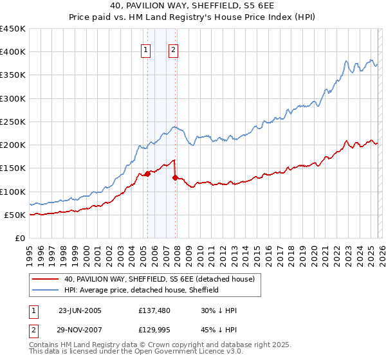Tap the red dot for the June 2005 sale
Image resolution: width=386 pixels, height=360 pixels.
pyautogui.click(x=147, y=174)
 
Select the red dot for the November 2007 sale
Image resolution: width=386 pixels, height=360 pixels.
pyautogui.click(x=175, y=177)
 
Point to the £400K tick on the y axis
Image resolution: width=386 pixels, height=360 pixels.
pyautogui.click(x=13, y=52)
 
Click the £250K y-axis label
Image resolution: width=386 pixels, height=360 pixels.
pyautogui.click(x=13, y=122)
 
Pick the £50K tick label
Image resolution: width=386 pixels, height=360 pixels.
pyautogui.click(x=15, y=215)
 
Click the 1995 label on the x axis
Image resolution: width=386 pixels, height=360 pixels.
pyautogui.click(x=30, y=252)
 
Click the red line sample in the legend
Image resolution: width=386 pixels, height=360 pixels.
pyautogui.click(x=46, y=279)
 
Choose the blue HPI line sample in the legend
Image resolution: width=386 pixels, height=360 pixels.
pyautogui.click(x=46, y=290)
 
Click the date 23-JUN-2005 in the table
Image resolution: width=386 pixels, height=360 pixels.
pyautogui.click(x=80, y=310)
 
